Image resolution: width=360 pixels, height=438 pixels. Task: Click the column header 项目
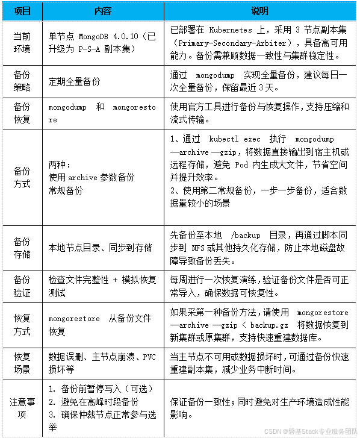point(22,11)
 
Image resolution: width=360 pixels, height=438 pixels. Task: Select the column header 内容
point(103,11)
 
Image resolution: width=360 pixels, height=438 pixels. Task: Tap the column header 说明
point(259,11)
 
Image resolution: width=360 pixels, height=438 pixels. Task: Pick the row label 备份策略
point(22,81)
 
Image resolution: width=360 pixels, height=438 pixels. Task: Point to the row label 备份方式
point(22,178)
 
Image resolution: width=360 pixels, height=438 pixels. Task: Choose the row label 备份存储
point(22,248)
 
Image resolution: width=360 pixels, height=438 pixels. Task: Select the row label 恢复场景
point(22,361)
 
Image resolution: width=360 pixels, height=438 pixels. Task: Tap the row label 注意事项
point(22,407)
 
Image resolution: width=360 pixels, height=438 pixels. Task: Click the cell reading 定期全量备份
point(75,81)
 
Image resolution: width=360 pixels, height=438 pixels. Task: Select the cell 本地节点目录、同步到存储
point(100,248)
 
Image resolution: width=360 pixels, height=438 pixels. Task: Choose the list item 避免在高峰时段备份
point(99,401)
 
